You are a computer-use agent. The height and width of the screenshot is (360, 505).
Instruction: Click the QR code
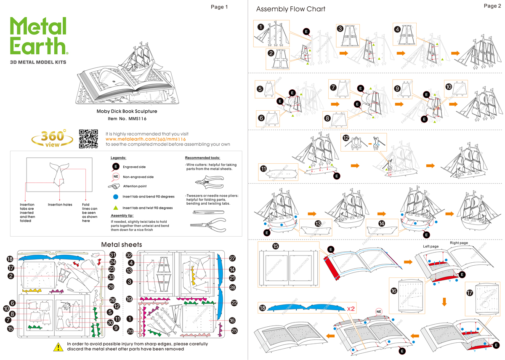pos(89,139)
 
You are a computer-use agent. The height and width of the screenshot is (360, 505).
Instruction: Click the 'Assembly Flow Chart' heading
pos(290,9)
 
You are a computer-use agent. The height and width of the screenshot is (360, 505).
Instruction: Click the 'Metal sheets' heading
pos(122,245)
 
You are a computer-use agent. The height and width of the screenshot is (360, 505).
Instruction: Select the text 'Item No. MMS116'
pos(127,119)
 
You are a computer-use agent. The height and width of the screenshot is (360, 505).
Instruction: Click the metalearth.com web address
pos(146,139)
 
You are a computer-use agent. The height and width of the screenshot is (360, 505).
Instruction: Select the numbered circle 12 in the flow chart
pos(346,138)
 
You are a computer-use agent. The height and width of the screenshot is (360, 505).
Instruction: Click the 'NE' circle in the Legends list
pos(116,177)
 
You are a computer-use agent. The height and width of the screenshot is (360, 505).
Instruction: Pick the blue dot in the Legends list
pos(115,197)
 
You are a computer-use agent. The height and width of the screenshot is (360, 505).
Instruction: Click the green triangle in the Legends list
pos(115,208)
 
